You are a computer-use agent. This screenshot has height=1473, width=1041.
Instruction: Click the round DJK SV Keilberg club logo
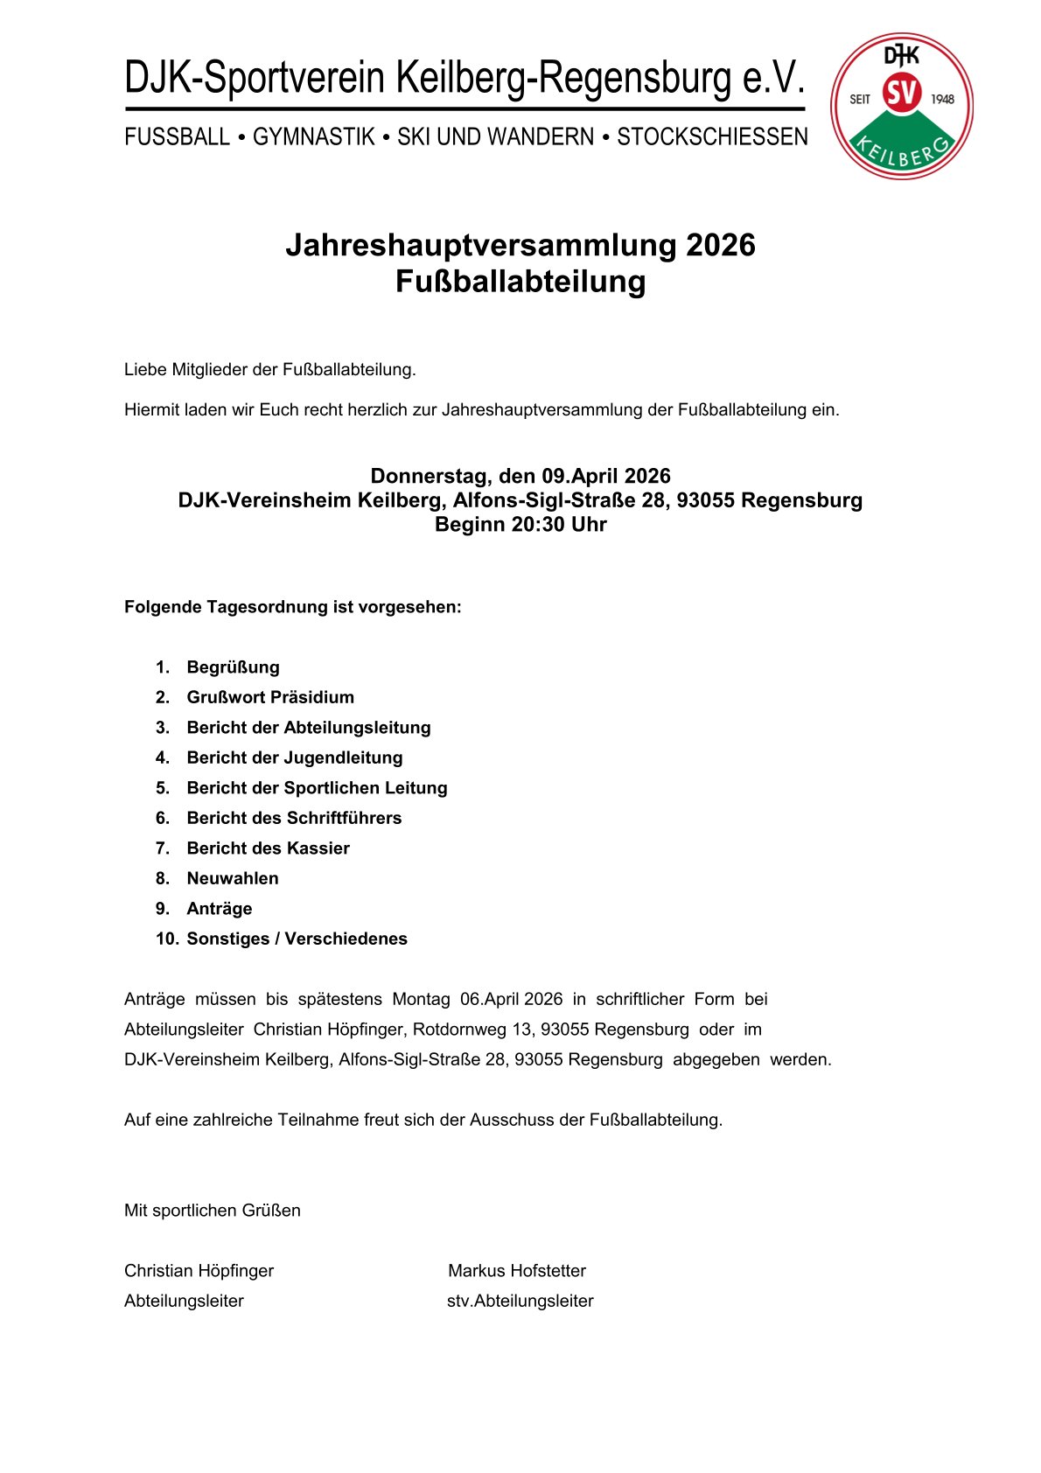point(901,106)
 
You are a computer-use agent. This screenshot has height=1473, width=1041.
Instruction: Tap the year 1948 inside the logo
point(942,99)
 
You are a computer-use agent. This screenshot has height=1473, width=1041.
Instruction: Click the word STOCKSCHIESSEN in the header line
point(712,137)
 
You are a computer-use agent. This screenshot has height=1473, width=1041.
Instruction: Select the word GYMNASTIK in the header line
point(313,137)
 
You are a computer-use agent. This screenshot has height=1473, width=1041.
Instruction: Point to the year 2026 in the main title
point(720,245)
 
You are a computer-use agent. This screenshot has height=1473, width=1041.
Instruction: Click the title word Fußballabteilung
point(520,282)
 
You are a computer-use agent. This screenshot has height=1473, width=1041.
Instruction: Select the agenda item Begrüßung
point(233,667)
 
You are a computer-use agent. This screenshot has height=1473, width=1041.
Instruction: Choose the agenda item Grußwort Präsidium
point(270,697)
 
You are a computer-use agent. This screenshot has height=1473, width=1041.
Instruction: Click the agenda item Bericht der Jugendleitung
point(295,757)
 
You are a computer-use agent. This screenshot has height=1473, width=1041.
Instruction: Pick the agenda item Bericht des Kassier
point(268,848)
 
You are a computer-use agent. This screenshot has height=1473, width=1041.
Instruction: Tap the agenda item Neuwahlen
point(232,878)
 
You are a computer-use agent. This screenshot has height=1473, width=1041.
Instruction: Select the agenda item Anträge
point(219,909)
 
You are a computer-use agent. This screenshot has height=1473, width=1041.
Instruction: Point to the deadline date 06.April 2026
point(511,999)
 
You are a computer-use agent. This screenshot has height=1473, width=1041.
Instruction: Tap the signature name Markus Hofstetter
point(516,1271)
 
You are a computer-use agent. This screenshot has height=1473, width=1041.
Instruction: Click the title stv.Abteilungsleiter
point(520,1301)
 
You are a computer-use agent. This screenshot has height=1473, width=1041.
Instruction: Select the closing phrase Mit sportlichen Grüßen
point(213,1211)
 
